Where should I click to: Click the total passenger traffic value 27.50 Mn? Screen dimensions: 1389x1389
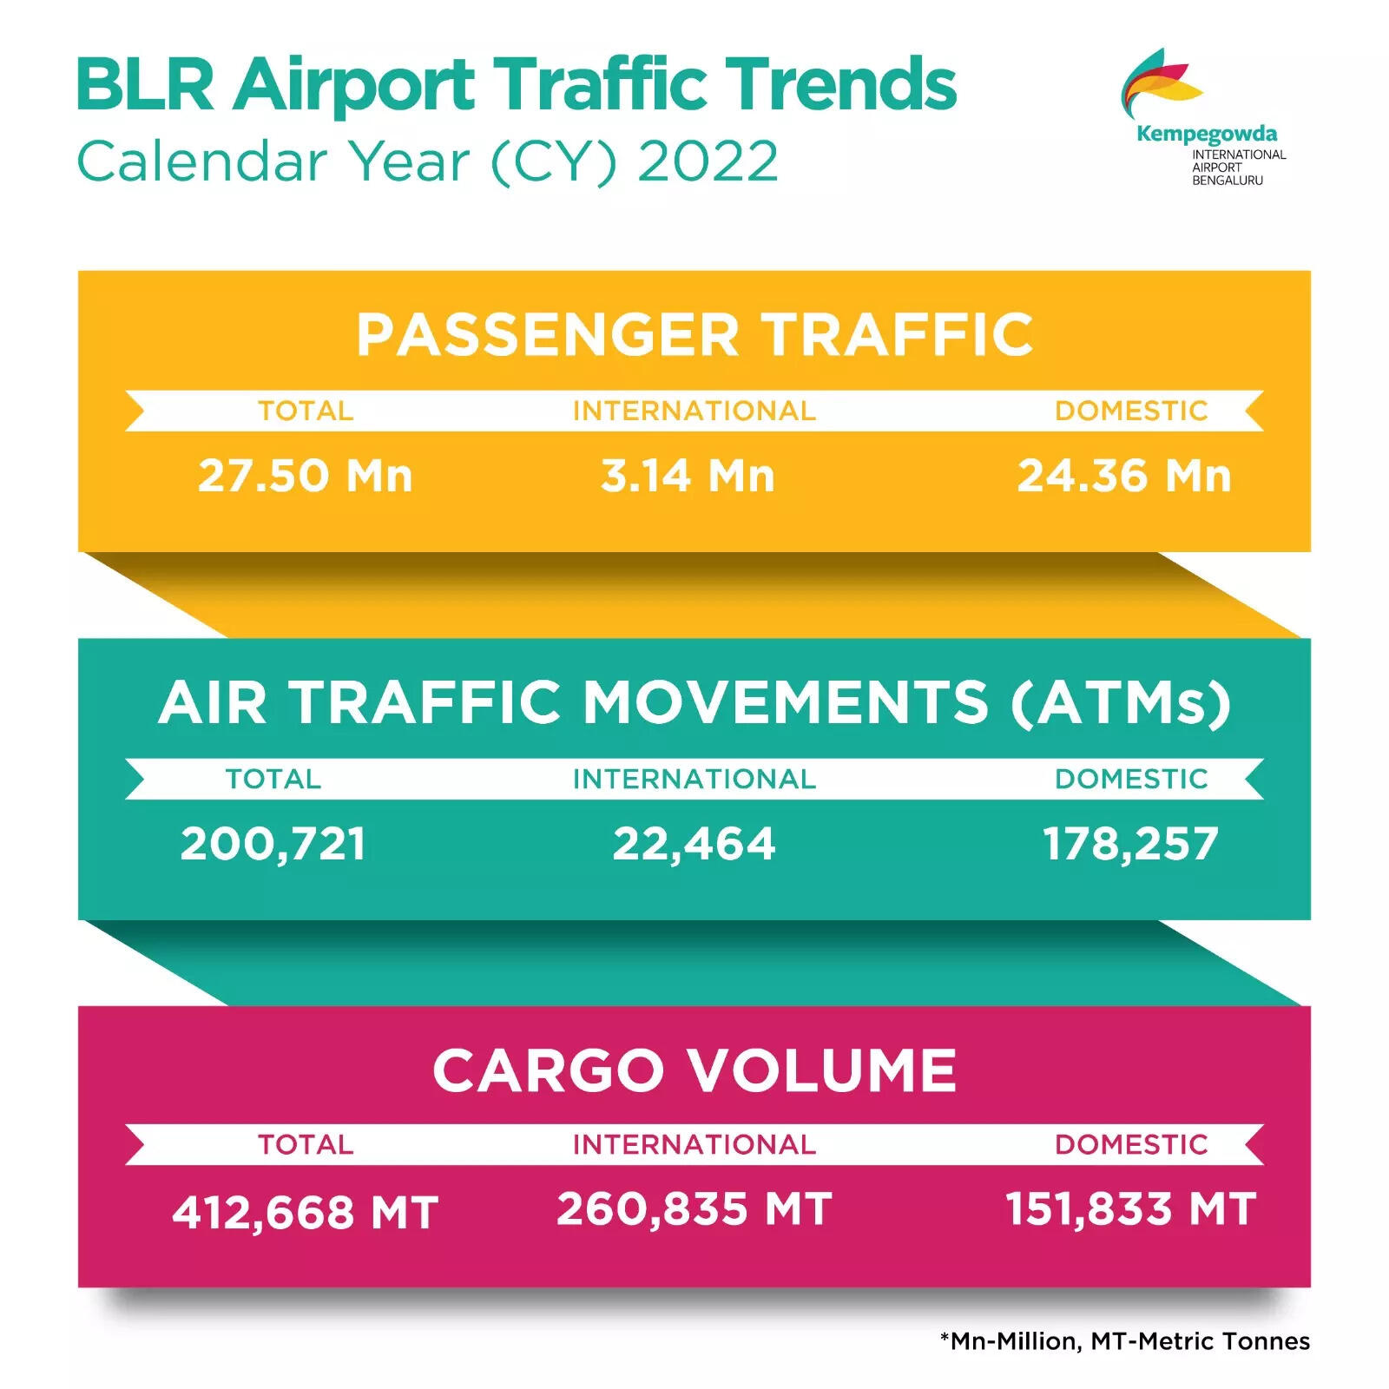[305, 476]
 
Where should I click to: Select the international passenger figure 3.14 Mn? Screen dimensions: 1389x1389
[688, 476]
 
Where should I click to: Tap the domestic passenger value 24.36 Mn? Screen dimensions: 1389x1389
[1124, 476]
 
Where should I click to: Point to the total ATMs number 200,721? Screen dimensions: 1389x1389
[273, 845]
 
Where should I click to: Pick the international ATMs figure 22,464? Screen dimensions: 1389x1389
[694, 845]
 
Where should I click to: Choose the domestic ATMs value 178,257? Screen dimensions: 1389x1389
[1130, 845]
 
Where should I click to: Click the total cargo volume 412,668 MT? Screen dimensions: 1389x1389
[305, 1213]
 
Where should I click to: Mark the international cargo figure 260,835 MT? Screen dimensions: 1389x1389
[694, 1208]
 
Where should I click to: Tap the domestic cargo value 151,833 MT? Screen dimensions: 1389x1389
[1130, 1208]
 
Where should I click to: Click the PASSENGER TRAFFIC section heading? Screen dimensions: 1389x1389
[694, 335]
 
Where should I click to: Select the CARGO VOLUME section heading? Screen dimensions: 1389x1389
[694, 1070]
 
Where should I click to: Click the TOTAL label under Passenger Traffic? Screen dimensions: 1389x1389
[306, 411]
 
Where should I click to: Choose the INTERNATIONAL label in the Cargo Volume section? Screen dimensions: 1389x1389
[694, 1144]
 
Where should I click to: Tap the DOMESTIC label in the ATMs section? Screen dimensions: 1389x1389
[1131, 779]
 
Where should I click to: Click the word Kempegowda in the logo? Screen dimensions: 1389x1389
[1207, 135]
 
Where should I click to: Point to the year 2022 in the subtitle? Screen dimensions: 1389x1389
[708, 161]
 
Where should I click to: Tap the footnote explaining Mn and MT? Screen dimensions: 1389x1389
[1125, 1341]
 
